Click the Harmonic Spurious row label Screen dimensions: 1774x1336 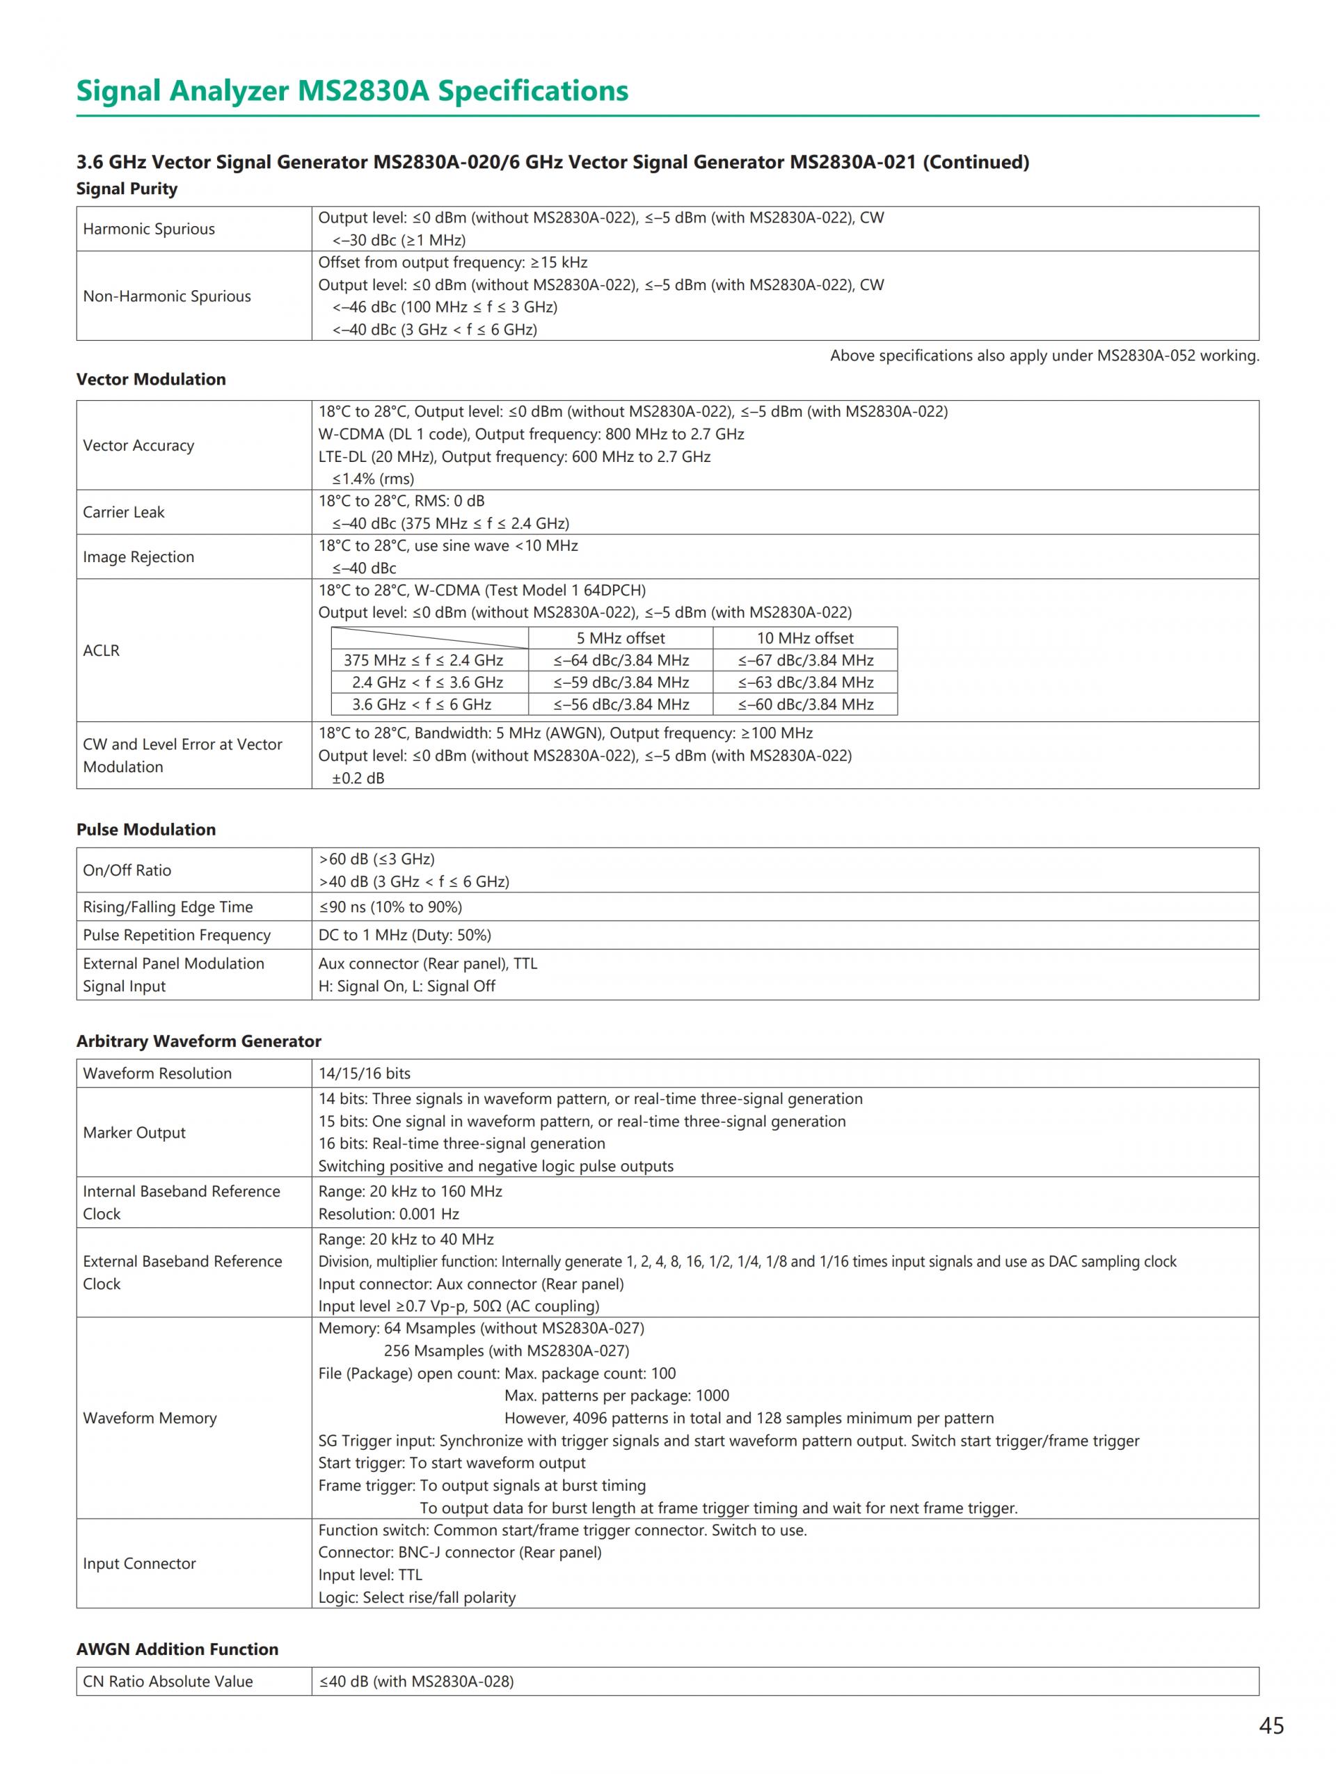click(x=149, y=230)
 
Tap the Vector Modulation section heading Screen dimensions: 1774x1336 click(x=151, y=379)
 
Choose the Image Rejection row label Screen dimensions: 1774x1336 click(x=138, y=557)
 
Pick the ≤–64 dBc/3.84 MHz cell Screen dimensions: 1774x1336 click(x=621, y=661)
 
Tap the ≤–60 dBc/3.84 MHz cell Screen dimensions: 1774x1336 click(x=805, y=705)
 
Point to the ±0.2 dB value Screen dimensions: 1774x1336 click(x=358, y=778)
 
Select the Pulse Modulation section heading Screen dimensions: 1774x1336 click(x=146, y=830)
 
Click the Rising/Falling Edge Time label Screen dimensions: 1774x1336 click(x=168, y=907)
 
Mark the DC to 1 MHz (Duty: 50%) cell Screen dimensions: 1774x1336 click(x=404, y=935)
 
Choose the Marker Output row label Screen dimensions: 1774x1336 click(x=134, y=1133)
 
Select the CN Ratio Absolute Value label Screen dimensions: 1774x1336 click(x=168, y=1681)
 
